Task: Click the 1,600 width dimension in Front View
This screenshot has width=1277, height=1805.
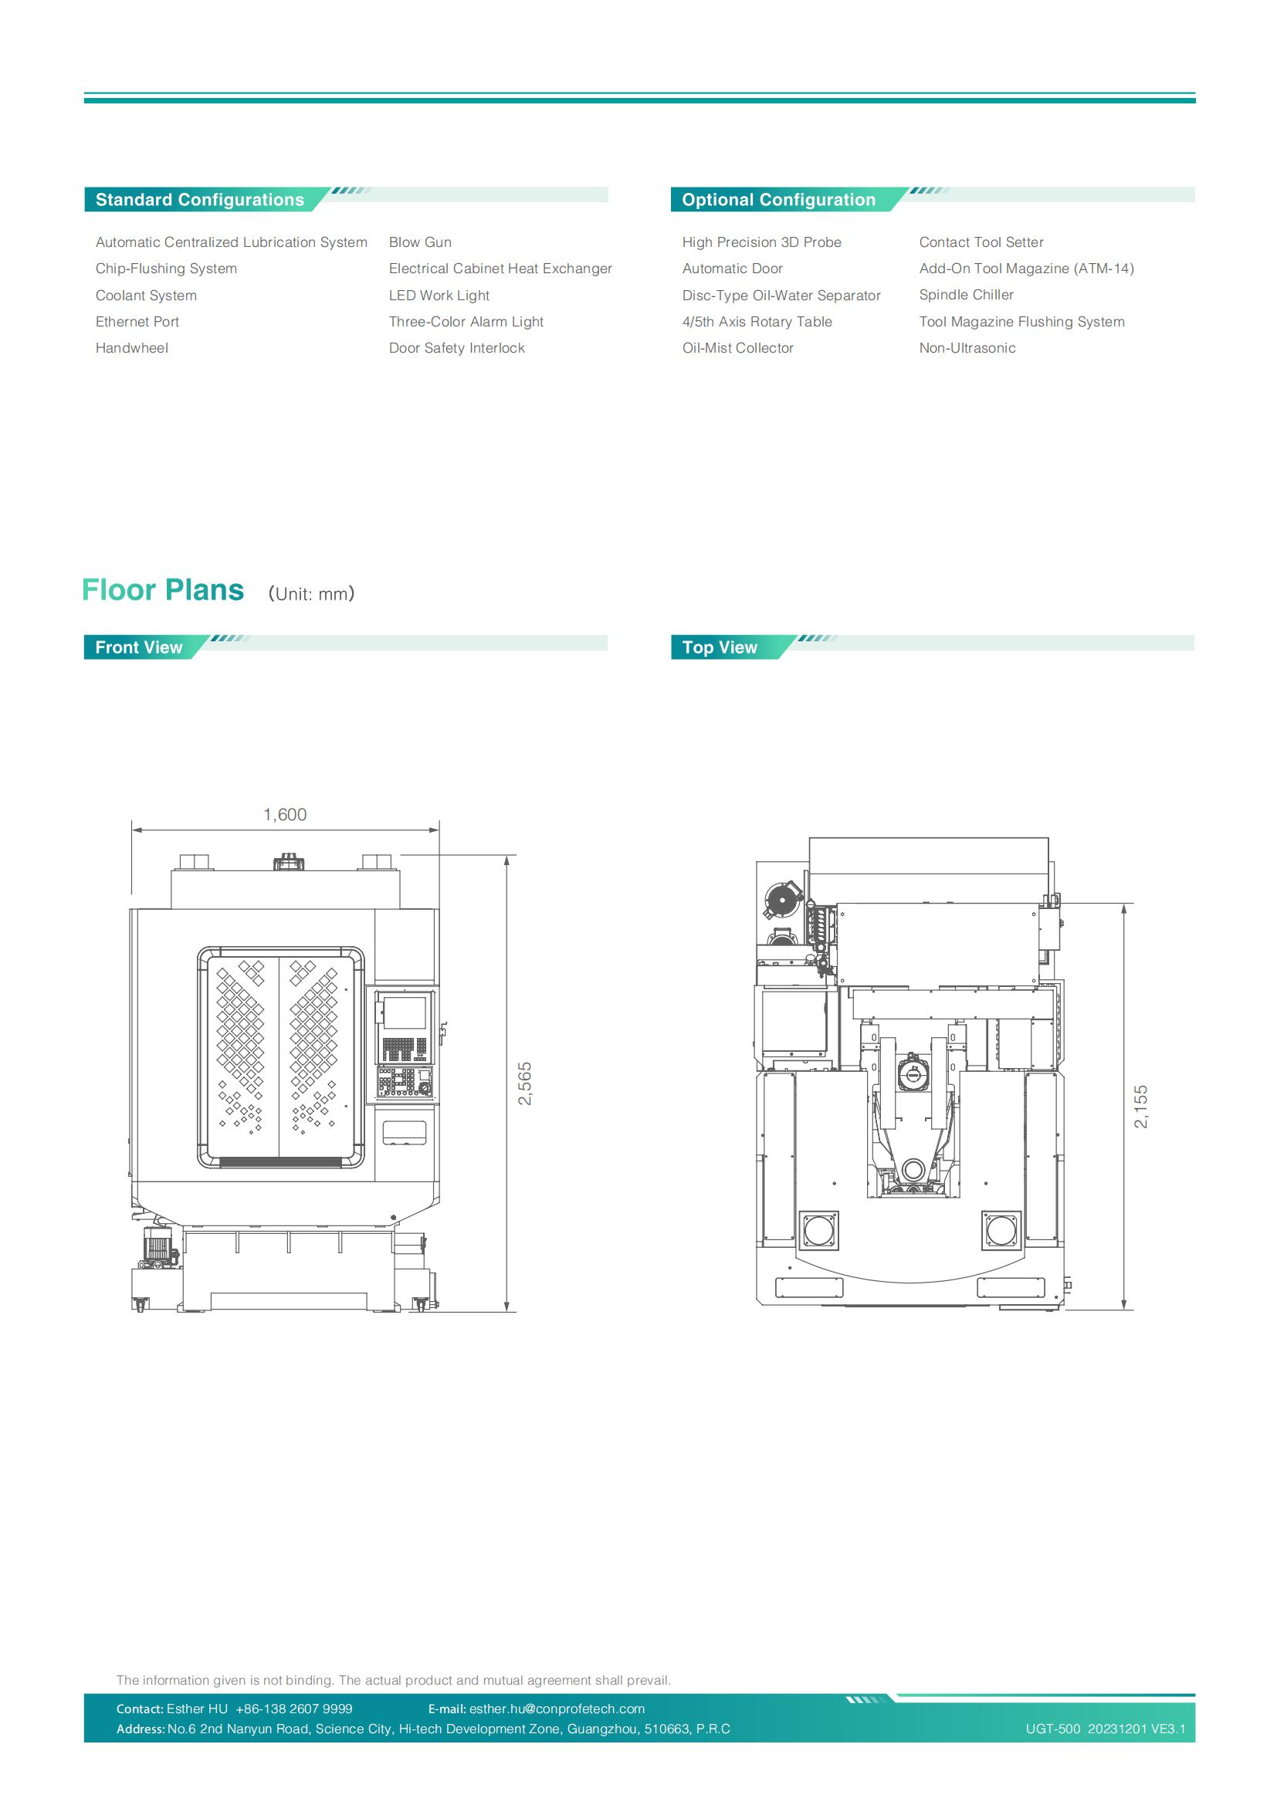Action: (x=285, y=814)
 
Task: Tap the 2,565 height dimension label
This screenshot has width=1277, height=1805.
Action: (x=525, y=1083)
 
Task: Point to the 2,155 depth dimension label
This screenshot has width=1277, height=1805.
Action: (x=1141, y=1106)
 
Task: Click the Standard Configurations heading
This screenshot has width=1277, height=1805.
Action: (x=200, y=200)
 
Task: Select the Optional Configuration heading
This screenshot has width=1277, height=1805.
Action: (x=778, y=200)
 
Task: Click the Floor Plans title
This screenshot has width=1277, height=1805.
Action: (x=163, y=590)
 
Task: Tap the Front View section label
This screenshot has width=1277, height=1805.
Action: (x=138, y=647)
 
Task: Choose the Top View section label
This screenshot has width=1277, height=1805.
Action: (x=720, y=647)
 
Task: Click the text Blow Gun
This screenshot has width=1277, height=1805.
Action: (x=420, y=242)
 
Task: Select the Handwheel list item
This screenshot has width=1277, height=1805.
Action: (x=131, y=347)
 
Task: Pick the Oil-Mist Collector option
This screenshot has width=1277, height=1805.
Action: (x=737, y=347)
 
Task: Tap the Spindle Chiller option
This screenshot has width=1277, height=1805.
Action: (x=967, y=295)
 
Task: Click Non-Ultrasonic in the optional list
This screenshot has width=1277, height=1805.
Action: (x=967, y=347)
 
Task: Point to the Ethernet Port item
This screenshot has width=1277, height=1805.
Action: (x=137, y=322)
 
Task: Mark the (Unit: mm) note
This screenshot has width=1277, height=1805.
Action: (x=311, y=593)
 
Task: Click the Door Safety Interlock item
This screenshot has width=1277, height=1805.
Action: (x=456, y=347)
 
